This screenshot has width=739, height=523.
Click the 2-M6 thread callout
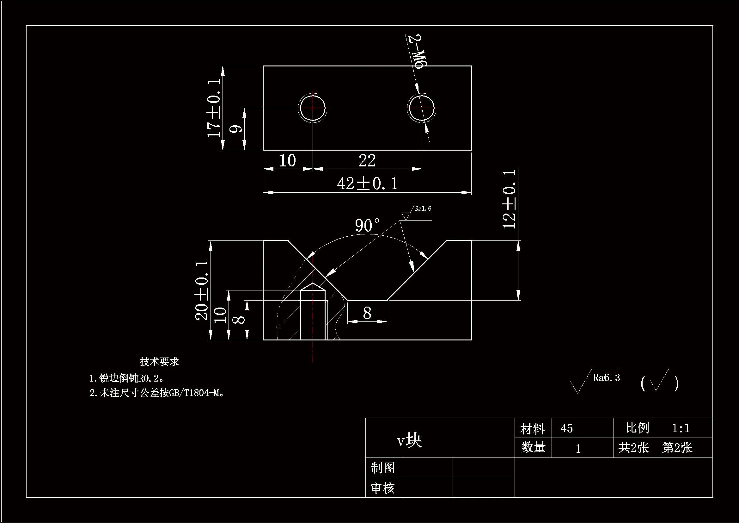tap(417, 52)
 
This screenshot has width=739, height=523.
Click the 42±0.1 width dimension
tap(367, 184)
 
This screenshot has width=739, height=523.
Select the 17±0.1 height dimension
tap(214, 108)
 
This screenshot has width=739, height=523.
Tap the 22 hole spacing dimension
tap(367, 160)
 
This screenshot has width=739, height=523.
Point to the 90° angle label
tap(367, 225)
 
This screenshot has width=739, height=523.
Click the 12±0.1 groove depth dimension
tap(509, 199)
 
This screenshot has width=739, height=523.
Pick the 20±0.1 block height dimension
tap(202, 290)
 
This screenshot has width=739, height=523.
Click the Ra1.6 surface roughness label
tap(423, 209)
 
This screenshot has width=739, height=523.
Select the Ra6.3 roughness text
tap(606, 378)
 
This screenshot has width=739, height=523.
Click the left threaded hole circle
tap(312, 108)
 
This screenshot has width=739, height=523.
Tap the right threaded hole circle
tap(421, 108)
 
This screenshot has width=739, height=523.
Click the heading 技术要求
tap(159, 362)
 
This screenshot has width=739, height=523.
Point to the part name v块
tap(409, 440)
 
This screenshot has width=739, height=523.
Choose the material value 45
tap(566, 429)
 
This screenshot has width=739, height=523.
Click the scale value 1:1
tap(681, 428)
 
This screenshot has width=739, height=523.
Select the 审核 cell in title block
tap(383, 488)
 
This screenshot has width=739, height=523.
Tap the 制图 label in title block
tap(383, 468)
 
